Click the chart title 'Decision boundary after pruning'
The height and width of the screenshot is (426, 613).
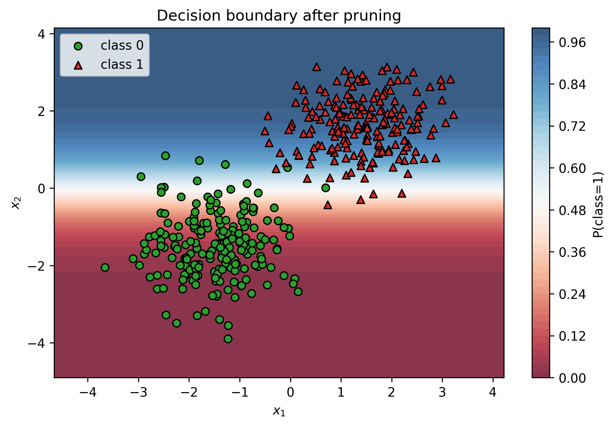click(279, 16)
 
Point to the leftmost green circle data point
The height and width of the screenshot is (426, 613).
click(105, 267)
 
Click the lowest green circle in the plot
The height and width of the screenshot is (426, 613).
click(228, 339)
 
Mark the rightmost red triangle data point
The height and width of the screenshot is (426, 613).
click(453, 115)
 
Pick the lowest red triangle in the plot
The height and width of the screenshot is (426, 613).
click(328, 205)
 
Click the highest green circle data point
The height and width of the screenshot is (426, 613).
click(165, 156)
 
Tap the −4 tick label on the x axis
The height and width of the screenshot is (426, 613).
click(88, 393)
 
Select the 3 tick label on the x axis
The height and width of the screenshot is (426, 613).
click(443, 393)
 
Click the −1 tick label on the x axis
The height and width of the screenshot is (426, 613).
click(240, 393)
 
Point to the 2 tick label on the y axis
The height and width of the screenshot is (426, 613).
click(41, 111)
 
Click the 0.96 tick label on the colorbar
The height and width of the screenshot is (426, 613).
click(572, 43)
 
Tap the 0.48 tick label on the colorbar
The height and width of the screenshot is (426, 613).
click(572, 210)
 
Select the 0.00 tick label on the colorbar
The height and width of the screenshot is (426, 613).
click(572, 378)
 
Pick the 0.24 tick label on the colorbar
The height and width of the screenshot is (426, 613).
click(572, 294)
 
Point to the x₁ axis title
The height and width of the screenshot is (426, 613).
click(279, 411)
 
